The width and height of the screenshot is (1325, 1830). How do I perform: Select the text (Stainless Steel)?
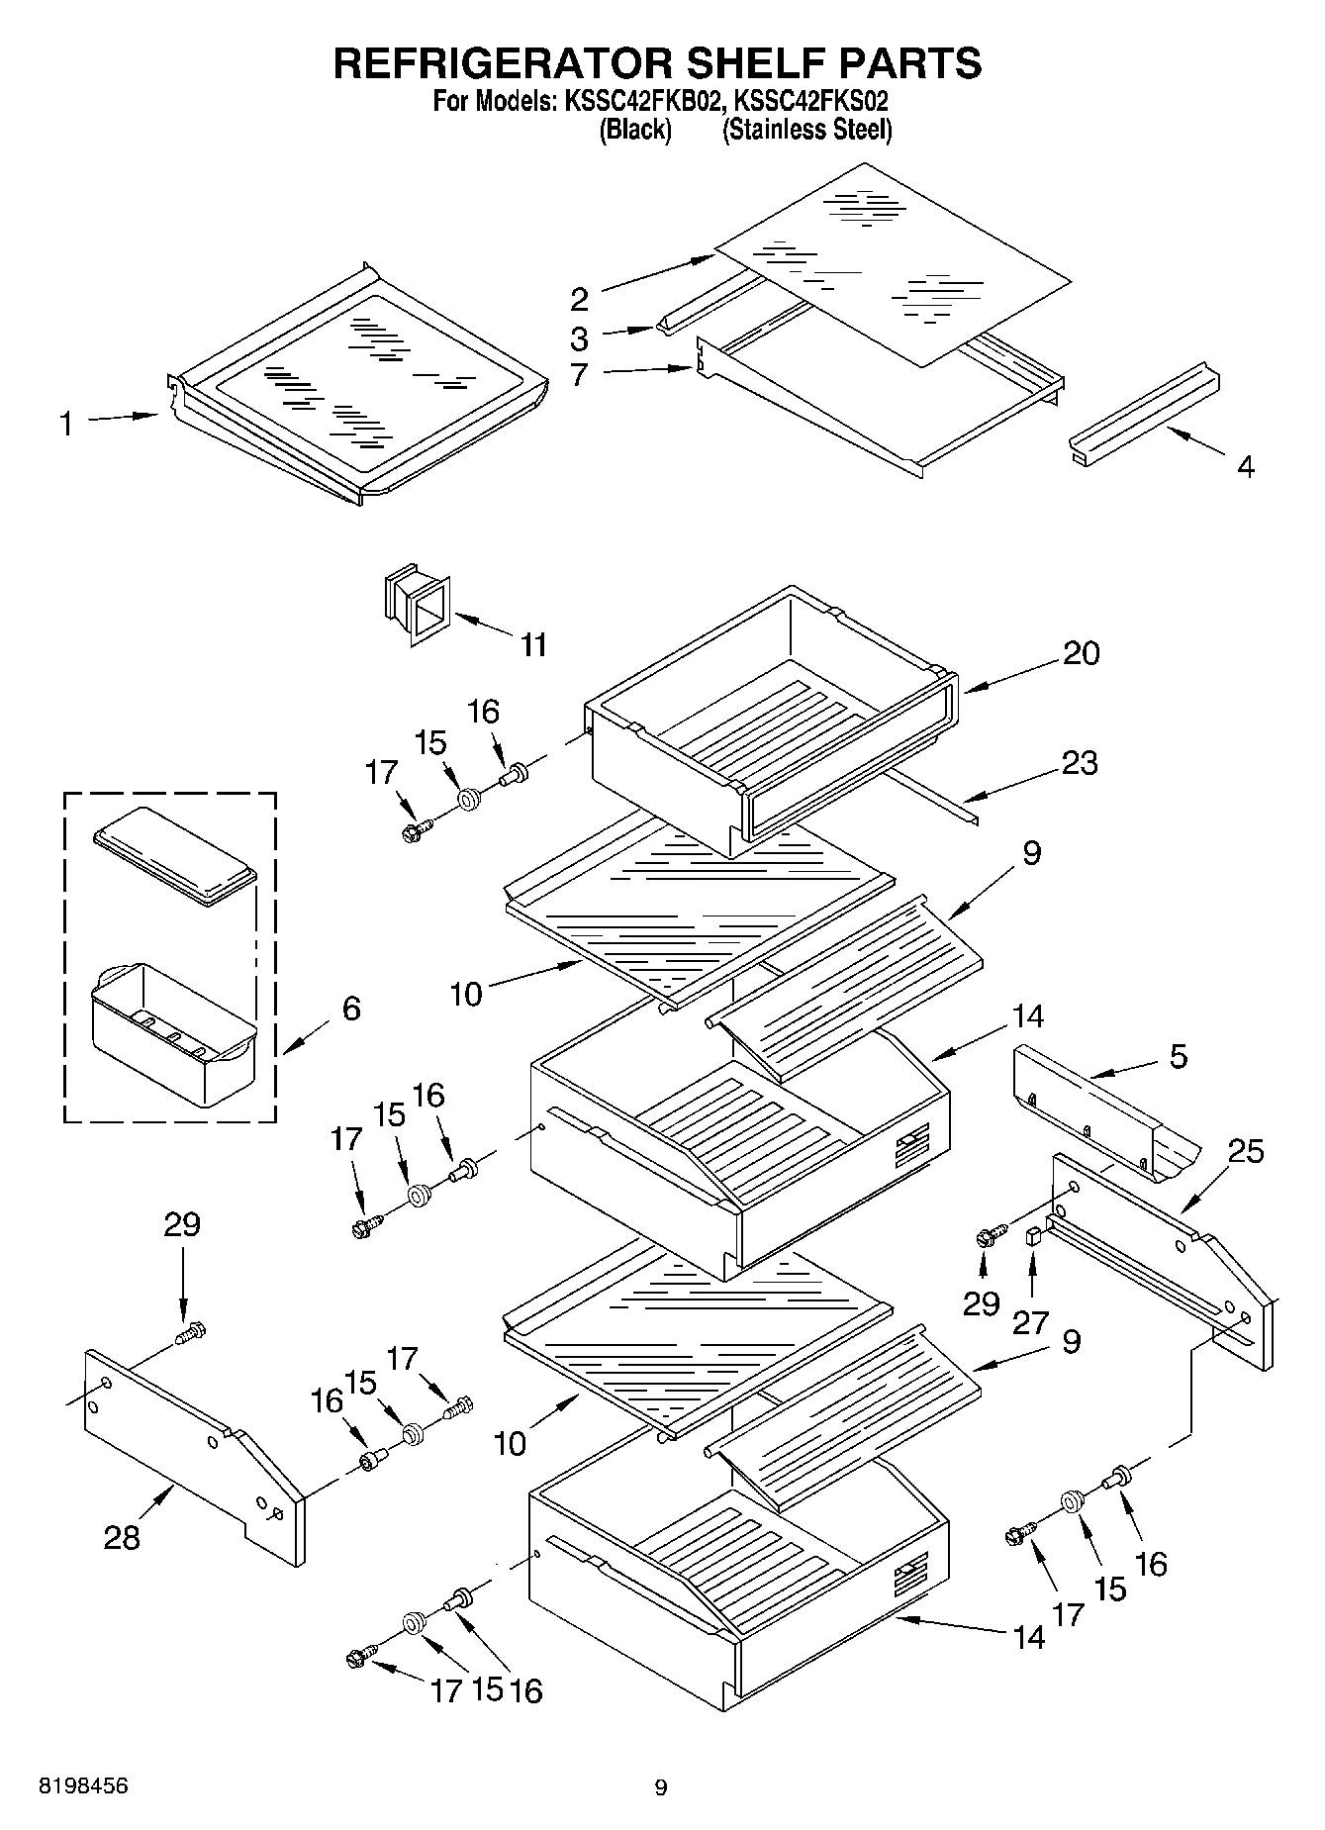click(807, 130)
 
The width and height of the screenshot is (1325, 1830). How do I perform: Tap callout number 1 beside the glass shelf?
click(65, 426)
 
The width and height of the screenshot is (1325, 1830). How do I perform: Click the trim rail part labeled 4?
click(1145, 413)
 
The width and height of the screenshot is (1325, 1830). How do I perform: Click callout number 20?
click(1081, 653)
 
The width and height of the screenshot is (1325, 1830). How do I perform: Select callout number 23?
click(1080, 763)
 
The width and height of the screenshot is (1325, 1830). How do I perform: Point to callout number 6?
click(351, 1009)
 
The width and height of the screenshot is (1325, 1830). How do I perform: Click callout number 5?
click(1179, 1056)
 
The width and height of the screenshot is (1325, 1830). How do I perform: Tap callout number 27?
click(1031, 1322)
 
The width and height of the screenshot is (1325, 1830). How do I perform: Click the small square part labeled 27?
click(1033, 1235)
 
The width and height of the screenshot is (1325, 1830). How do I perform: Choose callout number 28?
click(123, 1537)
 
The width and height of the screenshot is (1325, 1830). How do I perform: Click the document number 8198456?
click(83, 1786)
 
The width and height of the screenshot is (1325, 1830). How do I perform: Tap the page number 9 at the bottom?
click(661, 1787)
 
